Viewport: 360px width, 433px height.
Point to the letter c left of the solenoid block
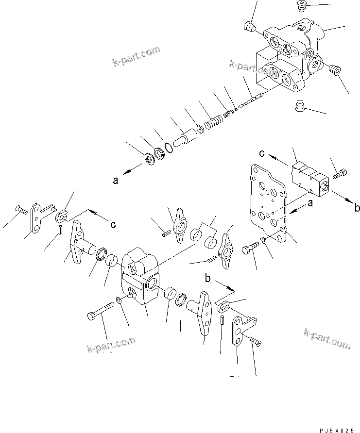pos(262,153)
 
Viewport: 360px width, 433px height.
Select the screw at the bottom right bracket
pos(254,342)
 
